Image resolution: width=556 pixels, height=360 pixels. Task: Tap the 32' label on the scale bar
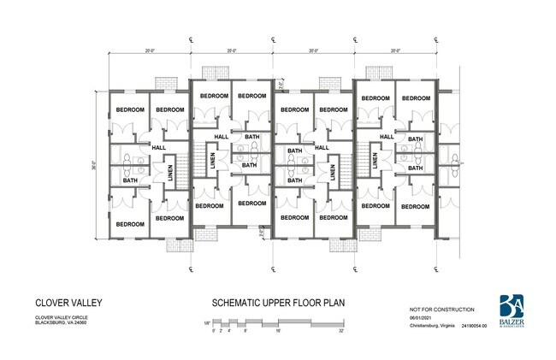coord(340,330)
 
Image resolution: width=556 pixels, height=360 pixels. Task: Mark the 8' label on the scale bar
coord(245,330)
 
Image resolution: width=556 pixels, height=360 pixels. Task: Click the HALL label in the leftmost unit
coord(157,147)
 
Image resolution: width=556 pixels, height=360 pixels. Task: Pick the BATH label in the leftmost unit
coord(130,180)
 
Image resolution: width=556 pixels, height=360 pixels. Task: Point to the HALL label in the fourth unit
coord(386,137)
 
